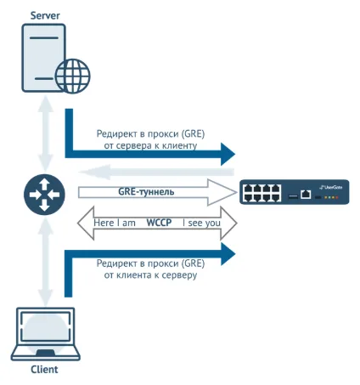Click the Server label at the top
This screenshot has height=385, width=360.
45,15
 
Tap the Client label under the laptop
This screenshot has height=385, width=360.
44,369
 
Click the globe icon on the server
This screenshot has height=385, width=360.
73,76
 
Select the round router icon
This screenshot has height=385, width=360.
44,195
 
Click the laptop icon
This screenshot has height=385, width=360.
45,334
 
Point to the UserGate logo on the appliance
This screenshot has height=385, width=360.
330,187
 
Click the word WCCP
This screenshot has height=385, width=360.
159,223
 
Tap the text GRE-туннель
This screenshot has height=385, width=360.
146,192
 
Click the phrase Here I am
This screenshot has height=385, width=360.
115,223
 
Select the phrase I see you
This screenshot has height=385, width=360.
201,223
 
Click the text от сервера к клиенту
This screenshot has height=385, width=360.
150,145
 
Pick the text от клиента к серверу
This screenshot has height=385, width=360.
150,275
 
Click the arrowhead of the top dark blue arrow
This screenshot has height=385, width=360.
228,154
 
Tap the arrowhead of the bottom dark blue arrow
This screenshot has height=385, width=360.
228,254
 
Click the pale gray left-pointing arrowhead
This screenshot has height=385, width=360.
94,172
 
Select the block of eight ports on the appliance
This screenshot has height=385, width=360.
262,193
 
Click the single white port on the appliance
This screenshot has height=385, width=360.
306,195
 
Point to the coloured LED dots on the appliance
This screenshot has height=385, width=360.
331,197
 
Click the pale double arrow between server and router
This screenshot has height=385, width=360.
45,133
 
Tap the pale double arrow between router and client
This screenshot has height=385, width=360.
45,262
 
